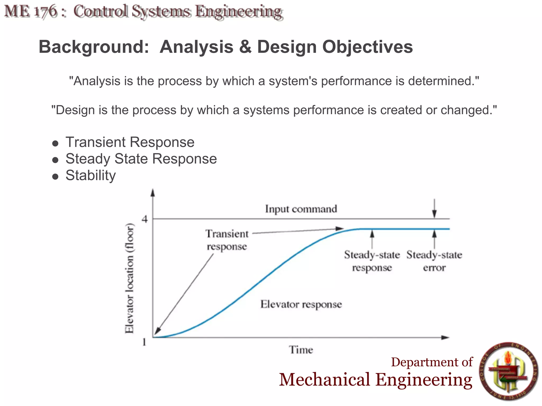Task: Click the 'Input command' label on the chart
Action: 301,209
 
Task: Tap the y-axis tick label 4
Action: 144,219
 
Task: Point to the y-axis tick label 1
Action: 144,342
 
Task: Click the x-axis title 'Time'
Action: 301,350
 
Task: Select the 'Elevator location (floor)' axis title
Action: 129,278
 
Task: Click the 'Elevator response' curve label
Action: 301,304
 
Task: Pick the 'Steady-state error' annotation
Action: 434,261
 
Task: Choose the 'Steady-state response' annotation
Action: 372,261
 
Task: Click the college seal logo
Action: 509,372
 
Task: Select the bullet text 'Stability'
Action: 91,175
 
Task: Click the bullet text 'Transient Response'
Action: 130,142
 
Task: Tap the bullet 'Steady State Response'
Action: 141,159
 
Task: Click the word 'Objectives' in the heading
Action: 367,47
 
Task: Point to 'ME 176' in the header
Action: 31,12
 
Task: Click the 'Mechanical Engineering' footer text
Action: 376,380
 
